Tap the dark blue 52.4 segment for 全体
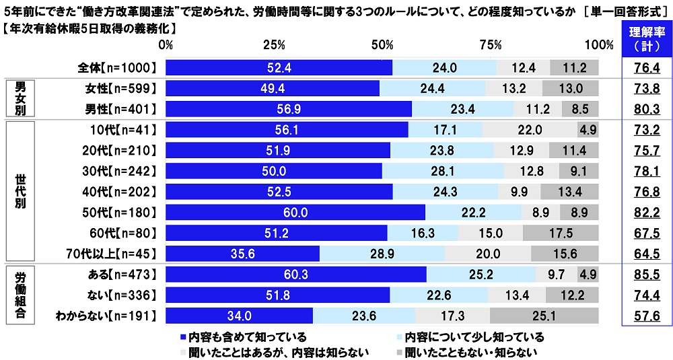pyautogui.click(x=279, y=67)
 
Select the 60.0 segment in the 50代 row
pyautogui.click(x=295, y=212)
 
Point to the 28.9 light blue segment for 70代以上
pyautogui.click(x=382, y=253)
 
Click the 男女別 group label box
pyautogui.click(x=20, y=98)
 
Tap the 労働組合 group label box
pyautogui.click(x=20, y=294)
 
